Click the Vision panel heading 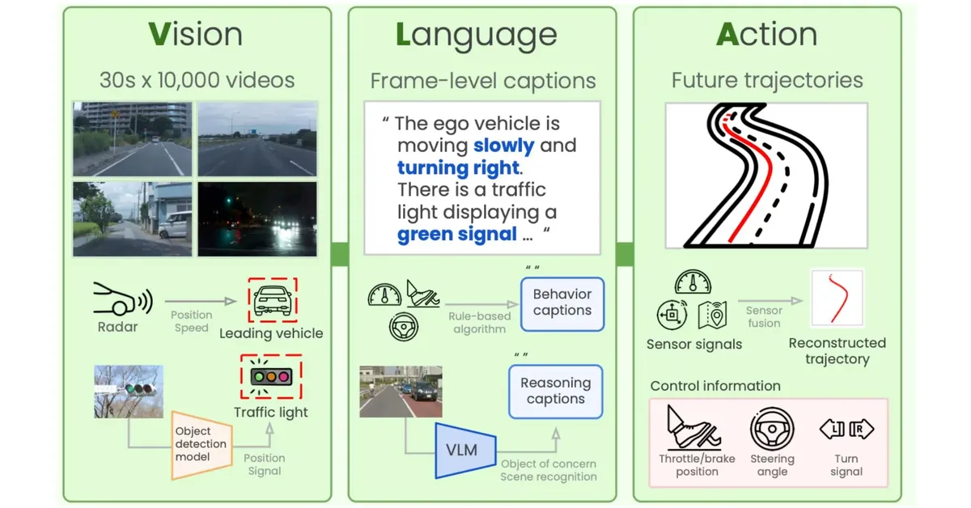(196, 35)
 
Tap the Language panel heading (476, 35)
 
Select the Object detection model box (201, 444)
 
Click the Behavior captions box (562, 303)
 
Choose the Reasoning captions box (556, 391)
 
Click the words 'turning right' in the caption (457, 168)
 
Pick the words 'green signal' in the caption (456, 235)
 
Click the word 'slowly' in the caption (503, 146)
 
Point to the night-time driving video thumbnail (258, 219)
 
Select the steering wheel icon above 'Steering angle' (772, 429)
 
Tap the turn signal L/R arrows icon (846, 429)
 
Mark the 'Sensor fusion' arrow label (764, 316)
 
